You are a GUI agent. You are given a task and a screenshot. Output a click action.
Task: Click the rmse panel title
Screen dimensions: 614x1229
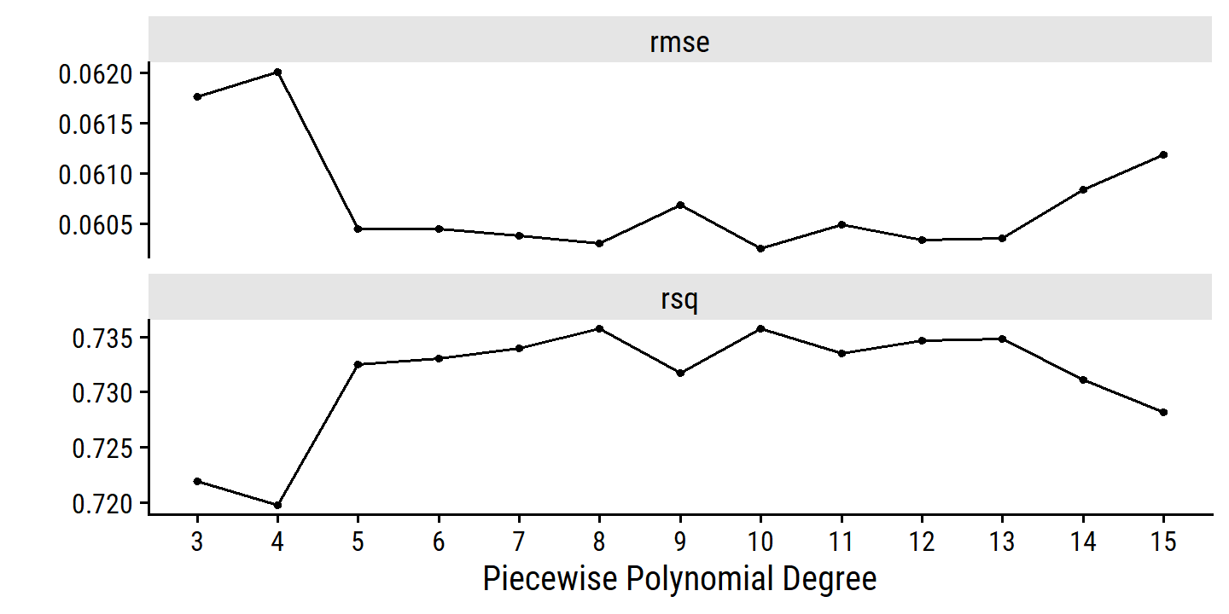coord(679,43)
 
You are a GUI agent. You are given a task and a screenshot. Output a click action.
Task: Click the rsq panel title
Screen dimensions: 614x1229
coord(679,299)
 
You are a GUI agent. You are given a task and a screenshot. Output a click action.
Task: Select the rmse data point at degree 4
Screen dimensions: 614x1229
coord(277,72)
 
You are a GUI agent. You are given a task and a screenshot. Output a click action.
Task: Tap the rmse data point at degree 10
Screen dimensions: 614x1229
coord(760,248)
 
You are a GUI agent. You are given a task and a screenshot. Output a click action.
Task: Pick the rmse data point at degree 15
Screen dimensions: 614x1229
coord(1163,154)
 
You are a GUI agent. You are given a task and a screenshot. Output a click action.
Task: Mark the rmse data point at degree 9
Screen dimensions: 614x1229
coord(680,205)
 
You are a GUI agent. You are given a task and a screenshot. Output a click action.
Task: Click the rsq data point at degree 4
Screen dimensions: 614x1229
coord(277,505)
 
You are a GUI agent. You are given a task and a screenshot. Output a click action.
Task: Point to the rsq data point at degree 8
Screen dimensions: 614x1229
coord(600,328)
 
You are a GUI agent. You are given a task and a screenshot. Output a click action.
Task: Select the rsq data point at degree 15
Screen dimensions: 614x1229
coord(1163,412)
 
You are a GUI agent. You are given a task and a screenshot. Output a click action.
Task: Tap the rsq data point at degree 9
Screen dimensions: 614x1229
coord(680,373)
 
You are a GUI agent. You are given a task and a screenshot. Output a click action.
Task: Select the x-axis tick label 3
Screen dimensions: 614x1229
coord(197,542)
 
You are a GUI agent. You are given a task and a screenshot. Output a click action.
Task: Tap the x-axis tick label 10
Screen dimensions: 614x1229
coord(760,542)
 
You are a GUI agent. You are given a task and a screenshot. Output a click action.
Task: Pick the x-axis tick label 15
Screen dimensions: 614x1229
coord(1163,542)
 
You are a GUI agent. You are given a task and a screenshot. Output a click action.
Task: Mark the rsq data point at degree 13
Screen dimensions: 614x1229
coord(1002,339)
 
